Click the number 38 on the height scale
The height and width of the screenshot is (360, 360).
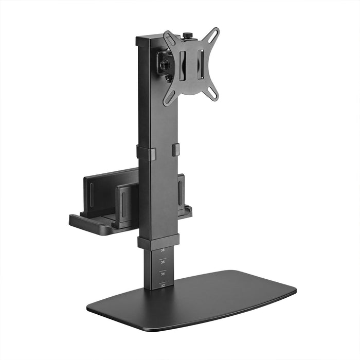point(163,250)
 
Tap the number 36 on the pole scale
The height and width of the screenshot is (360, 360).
point(163,262)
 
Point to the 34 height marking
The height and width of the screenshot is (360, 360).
point(163,274)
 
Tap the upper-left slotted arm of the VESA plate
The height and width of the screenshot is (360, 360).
point(170,39)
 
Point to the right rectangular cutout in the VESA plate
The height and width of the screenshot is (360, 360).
point(201,62)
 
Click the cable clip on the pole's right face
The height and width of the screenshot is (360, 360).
point(176,150)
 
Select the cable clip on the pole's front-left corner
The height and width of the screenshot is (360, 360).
point(146,153)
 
